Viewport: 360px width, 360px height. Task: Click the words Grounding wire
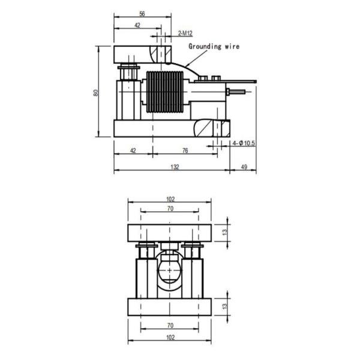[213, 46]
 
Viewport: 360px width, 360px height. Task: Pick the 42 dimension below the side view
[133, 151]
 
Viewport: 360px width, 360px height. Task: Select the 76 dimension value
[185, 151]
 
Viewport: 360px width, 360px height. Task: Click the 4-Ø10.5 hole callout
[244, 144]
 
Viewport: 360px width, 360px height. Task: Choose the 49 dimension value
[244, 167]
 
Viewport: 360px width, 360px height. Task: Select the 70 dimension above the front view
[170, 209]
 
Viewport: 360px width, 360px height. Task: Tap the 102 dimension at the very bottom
[170, 337]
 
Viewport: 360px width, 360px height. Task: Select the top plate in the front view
[170, 232]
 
